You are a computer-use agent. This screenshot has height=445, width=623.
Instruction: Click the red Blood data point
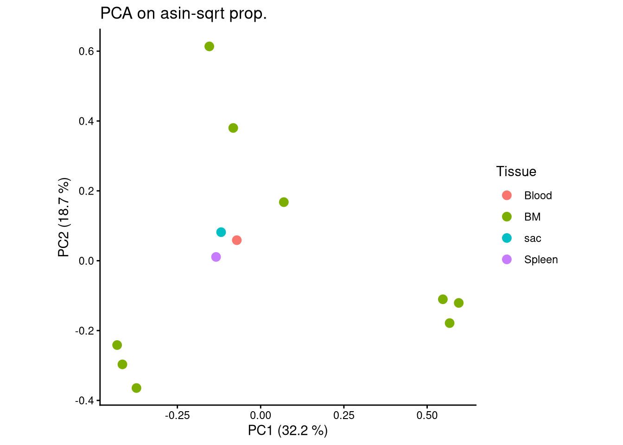236,240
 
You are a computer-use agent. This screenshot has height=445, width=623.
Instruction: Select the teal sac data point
221,232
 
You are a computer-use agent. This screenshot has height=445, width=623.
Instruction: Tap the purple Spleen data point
216,257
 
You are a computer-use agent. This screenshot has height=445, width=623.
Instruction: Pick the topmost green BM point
210,46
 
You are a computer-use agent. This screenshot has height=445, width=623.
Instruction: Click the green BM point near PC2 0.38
233,128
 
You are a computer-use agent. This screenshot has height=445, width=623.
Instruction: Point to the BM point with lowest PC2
136,388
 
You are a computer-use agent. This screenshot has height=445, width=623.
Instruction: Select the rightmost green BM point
458,303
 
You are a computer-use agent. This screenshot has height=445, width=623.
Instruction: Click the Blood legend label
538,196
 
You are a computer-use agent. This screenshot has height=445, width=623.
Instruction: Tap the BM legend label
532,217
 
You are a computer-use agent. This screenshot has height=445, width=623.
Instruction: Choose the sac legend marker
507,238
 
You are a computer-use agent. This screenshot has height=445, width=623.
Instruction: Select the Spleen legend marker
507,260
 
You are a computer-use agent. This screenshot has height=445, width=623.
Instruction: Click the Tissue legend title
516,172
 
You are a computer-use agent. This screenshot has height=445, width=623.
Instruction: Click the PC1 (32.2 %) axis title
287,431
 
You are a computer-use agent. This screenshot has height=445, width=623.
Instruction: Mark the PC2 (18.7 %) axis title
64,217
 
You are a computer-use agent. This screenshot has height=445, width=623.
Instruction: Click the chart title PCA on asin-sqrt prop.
184,14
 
